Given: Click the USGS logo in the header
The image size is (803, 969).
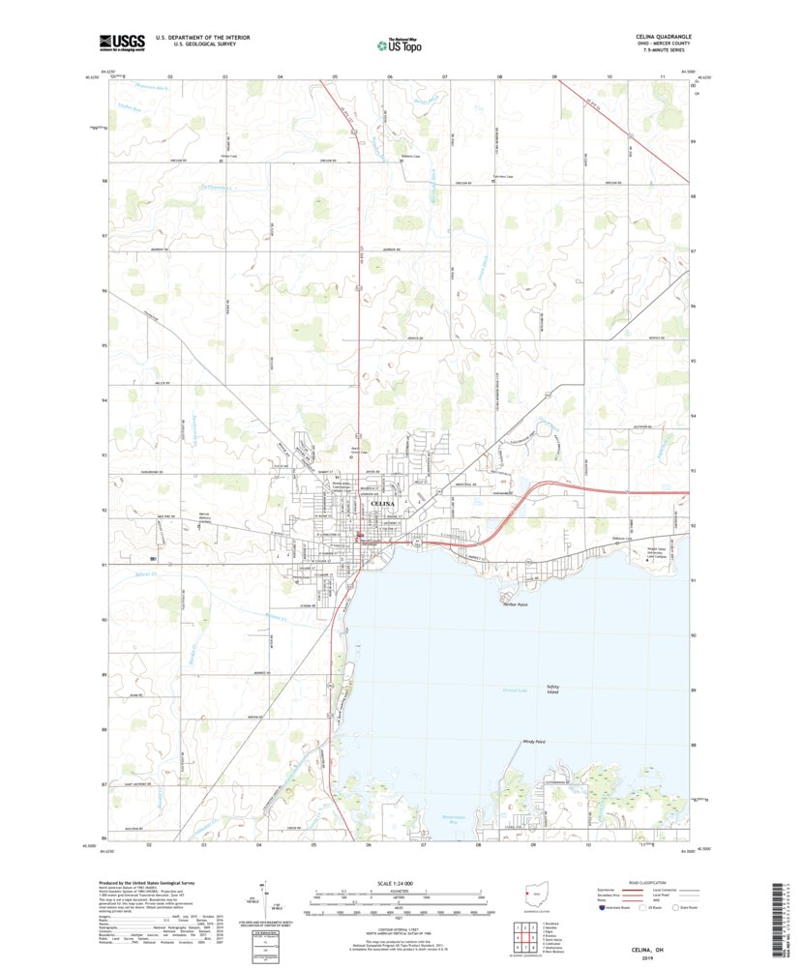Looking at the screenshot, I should (121, 42).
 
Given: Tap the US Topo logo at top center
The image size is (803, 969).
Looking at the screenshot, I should (400, 44).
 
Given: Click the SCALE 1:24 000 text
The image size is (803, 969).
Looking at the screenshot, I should (396, 883).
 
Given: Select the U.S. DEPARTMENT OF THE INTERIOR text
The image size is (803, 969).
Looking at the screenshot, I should (202, 38).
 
